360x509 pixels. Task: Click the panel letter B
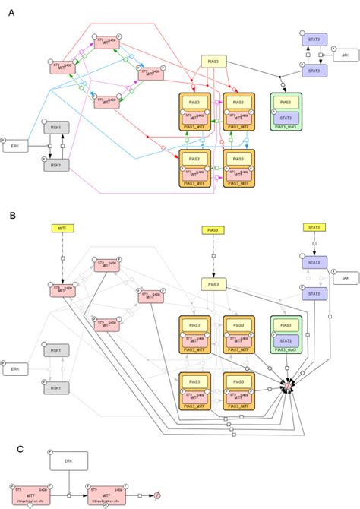click(x=11, y=215)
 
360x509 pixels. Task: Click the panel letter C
click(x=11, y=448)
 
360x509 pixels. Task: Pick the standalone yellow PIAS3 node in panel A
click(x=215, y=62)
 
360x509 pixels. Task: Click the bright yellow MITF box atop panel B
click(x=62, y=227)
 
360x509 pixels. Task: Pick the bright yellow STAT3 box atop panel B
click(x=312, y=227)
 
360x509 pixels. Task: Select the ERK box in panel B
click(x=17, y=369)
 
